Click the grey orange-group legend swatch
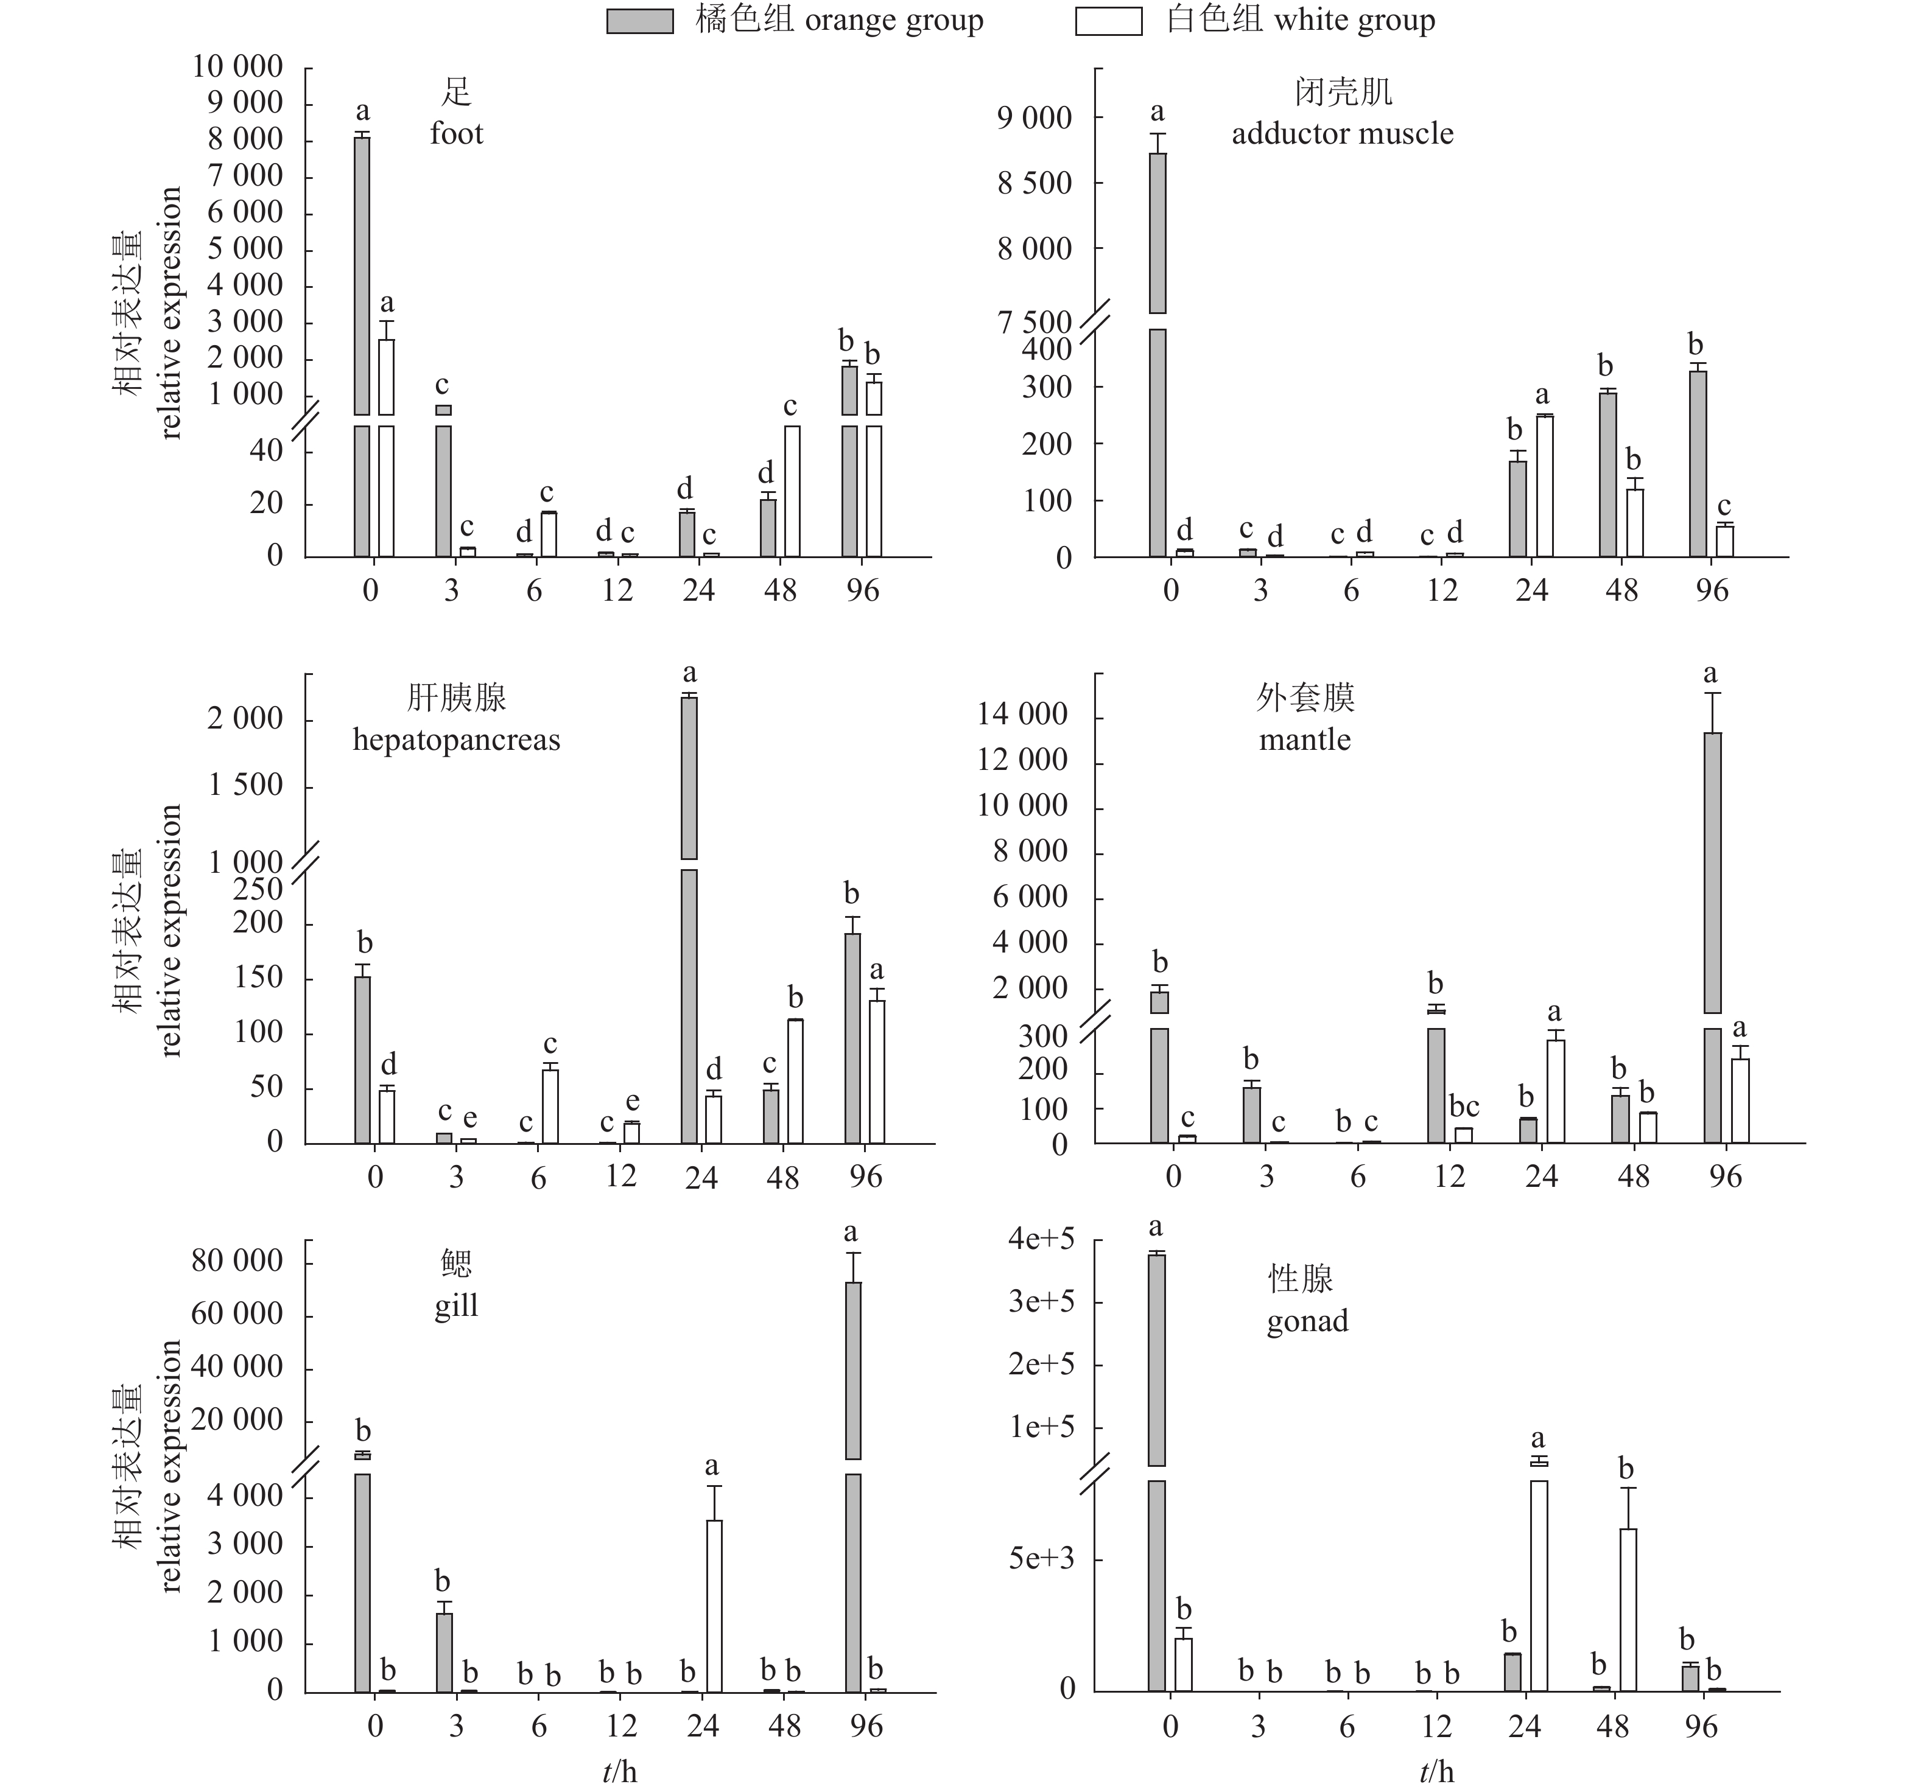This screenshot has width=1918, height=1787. point(640,21)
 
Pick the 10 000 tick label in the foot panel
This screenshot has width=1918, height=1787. point(237,66)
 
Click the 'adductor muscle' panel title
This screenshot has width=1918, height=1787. point(1342,133)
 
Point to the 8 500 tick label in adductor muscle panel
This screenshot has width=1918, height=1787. point(1035,183)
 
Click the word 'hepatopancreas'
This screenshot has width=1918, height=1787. point(456,740)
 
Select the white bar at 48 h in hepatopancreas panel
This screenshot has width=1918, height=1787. point(796,1081)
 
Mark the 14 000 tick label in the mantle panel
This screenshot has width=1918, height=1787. point(1023,713)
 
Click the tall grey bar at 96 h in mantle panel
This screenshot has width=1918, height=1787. point(1712,873)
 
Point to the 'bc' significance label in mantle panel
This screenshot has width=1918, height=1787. point(1464,1106)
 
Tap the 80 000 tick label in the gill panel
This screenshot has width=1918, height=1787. point(237,1261)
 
